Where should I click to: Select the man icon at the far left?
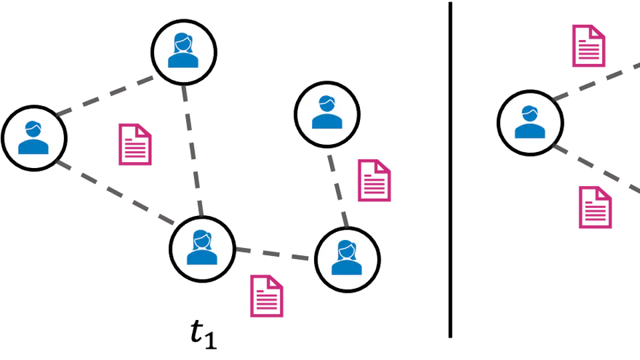pos(33,138)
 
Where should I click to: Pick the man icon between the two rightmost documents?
pos(530,122)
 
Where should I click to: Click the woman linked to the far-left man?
pos(202,249)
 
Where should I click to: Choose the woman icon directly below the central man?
pos(347,259)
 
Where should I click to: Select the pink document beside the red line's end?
pos(375,180)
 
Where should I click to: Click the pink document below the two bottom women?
pos(267,295)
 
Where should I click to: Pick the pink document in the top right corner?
pos(589,45)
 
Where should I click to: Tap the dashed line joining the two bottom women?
pos(273,253)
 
